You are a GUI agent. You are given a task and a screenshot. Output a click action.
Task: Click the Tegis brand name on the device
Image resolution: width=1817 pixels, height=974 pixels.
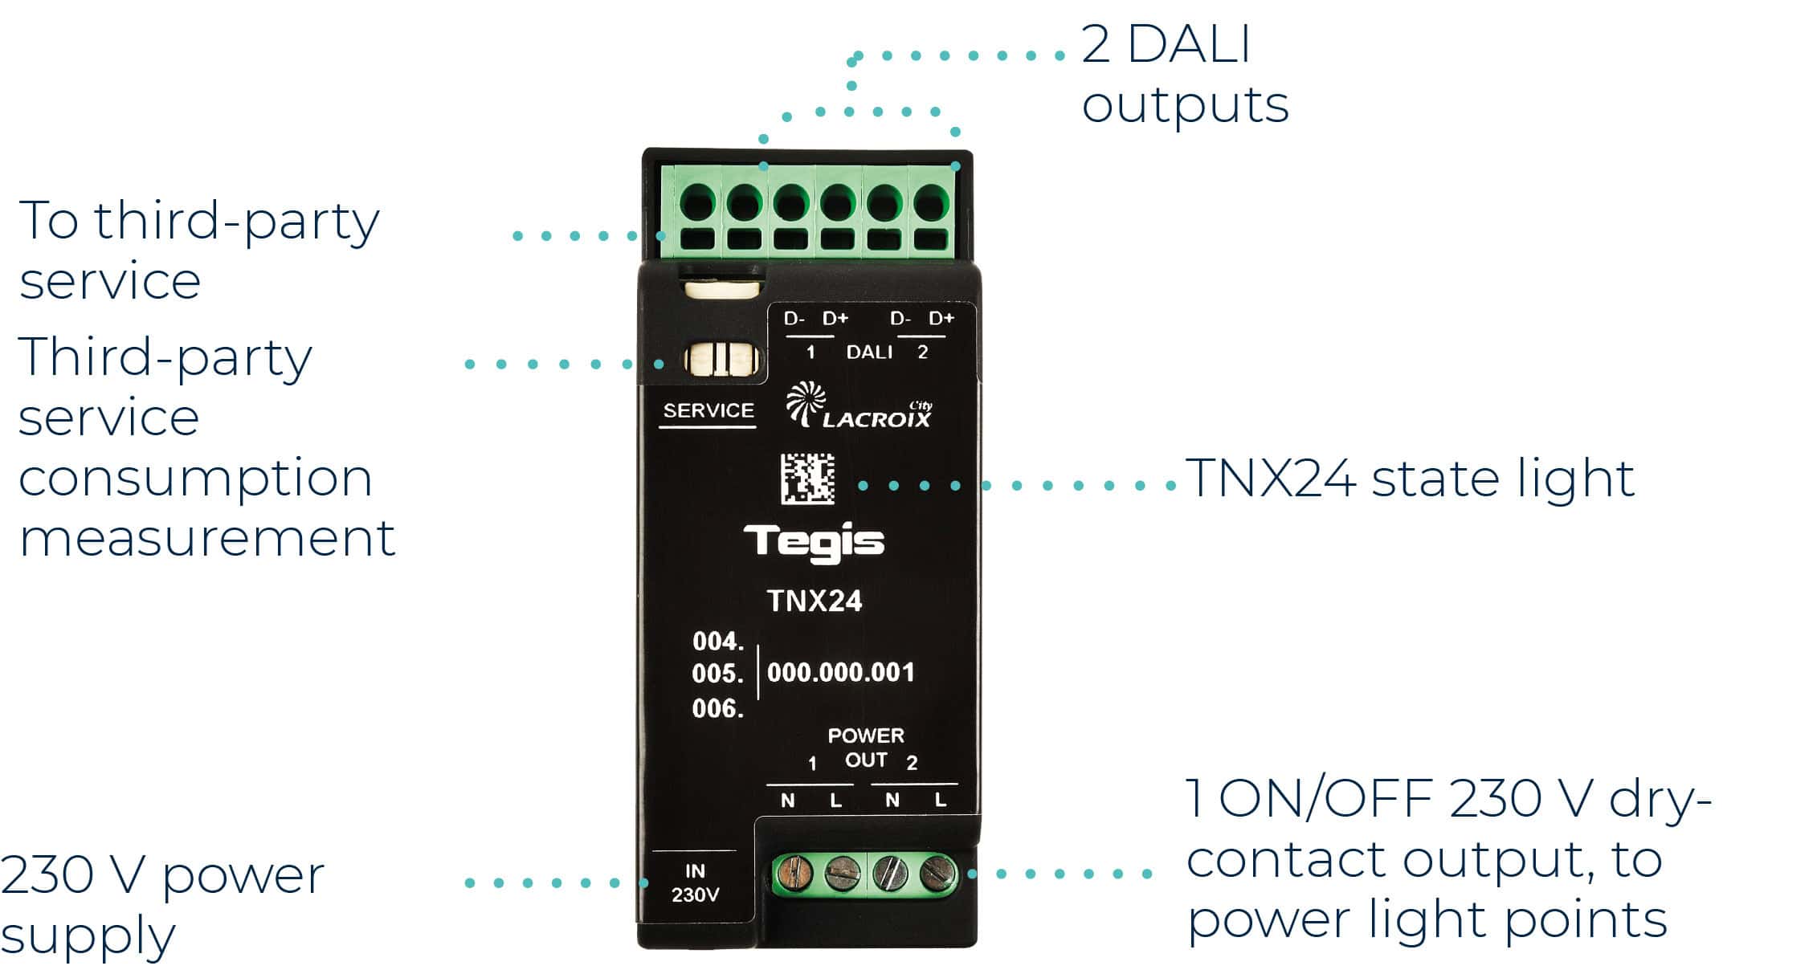click(813, 544)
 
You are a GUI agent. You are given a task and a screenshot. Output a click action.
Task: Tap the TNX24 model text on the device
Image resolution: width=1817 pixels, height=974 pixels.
click(815, 601)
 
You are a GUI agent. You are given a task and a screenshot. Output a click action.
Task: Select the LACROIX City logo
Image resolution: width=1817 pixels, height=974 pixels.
click(859, 405)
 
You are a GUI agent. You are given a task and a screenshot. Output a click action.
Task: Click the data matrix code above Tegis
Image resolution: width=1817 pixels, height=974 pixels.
click(807, 479)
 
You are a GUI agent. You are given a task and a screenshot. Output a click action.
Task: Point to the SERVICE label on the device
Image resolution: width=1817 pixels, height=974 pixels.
click(708, 410)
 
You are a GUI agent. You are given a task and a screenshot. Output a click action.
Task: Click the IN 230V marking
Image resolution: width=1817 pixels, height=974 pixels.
click(695, 882)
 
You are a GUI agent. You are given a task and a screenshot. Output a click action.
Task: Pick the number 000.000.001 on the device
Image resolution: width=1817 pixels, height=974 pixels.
click(841, 673)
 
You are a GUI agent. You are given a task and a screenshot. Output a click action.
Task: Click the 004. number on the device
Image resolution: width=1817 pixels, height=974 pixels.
click(718, 642)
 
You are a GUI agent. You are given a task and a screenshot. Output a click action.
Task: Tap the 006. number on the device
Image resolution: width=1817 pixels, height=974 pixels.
click(718, 709)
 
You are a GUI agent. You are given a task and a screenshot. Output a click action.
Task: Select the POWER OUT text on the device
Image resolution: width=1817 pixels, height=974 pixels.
click(866, 748)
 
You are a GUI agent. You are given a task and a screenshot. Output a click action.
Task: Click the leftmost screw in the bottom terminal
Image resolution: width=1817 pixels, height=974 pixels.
click(790, 874)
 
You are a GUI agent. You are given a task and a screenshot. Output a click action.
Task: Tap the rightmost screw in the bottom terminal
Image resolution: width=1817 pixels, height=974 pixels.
click(935, 874)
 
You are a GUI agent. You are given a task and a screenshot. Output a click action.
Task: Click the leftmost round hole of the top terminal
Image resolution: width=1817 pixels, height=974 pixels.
click(697, 202)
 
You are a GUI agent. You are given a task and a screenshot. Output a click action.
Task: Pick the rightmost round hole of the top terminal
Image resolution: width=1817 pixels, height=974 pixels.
click(931, 202)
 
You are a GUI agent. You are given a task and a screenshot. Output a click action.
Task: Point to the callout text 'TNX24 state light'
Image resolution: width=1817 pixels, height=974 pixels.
click(1411, 479)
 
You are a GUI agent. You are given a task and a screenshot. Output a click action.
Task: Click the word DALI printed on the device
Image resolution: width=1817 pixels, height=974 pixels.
click(869, 352)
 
